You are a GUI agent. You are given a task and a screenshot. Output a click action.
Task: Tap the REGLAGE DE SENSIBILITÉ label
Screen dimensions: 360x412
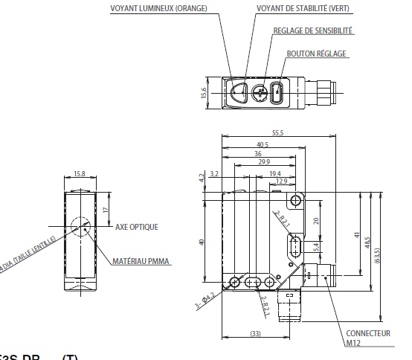(x=313, y=31)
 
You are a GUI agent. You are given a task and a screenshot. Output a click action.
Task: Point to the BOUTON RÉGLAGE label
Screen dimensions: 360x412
(x=318, y=54)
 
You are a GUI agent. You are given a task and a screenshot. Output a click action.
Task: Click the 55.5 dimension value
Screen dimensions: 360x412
(x=278, y=133)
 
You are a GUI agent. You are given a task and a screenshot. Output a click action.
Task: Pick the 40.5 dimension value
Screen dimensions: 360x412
(x=262, y=144)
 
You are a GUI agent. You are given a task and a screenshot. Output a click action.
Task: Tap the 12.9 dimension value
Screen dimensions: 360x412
(x=281, y=181)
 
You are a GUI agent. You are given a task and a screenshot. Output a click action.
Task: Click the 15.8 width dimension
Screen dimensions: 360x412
(x=80, y=174)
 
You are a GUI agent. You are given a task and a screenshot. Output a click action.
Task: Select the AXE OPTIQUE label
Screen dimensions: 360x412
(x=136, y=227)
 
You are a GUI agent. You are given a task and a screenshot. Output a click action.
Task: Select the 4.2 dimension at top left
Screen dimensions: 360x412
(x=202, y=178)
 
